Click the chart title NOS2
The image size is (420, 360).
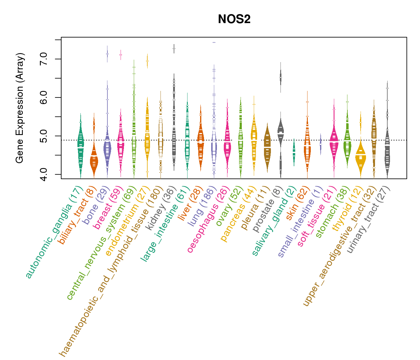(234, 19)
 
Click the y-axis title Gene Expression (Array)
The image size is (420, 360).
(19, 108)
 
